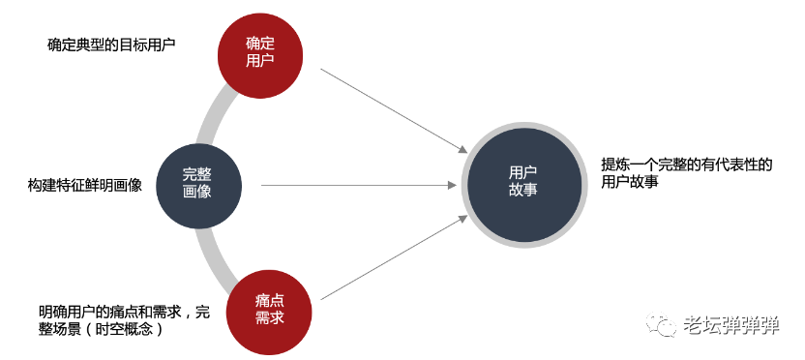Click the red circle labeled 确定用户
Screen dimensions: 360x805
pyautogui.click(x=259, y=51)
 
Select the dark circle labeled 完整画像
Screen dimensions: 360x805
pyautogui.click(x=197, y=183)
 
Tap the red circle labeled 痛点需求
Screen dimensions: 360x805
pyautogui.click(x=264, y=307)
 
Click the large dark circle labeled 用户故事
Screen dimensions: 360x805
pyautogui.click(x=522, y=181)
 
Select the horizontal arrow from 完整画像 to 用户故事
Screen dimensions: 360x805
pyautogui.click(x=358, y=185)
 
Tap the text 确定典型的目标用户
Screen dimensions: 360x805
pyautogui.click(x=111, y=45)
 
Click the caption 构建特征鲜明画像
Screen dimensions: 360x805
pyautogui.click(x=85, y=185)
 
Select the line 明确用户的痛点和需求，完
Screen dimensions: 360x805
pyautogui.click(x=124, y=312)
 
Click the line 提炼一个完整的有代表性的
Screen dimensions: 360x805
pyautogui.click(x=687, y=164)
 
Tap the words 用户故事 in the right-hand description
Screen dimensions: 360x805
pyautogui.click(x=630, y=181)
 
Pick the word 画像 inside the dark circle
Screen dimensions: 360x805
pyautogui.click(x=197, y=192)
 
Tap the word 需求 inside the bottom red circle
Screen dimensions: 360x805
pyautogui.click(x=264, y=316)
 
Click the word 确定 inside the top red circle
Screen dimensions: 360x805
pyautogui.click(x=259, y=43)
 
